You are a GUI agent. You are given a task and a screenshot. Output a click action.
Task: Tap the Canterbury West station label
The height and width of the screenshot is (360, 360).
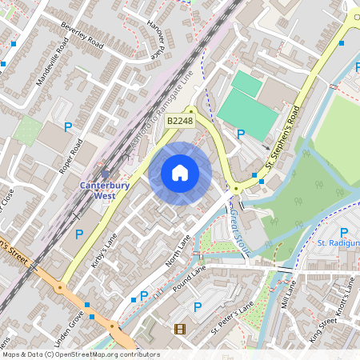click(105, 189)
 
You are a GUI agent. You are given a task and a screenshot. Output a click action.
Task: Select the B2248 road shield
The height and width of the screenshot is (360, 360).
click(180, 121)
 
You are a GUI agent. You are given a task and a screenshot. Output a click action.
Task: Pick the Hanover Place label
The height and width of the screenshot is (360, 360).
click(161, 34)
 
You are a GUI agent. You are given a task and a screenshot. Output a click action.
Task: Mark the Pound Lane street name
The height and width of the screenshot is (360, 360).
click(190, 278)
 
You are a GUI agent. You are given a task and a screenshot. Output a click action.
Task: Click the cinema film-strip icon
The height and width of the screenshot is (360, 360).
click(179, 329)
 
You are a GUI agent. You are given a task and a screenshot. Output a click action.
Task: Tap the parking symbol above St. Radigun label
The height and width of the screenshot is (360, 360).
click(343, 232)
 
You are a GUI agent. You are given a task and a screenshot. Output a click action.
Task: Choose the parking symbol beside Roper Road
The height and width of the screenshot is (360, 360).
click(68, 126)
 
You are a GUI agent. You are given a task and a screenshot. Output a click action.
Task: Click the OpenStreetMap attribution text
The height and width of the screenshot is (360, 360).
click(80, 354)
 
